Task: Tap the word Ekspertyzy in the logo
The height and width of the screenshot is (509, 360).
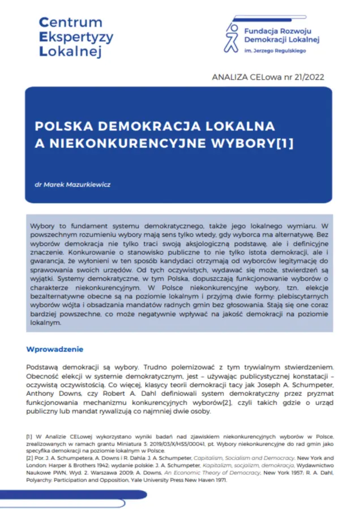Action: pyautogui.click(x=76, y=38)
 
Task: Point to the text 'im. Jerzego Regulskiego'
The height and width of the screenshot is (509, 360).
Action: pyautogui.click(x=274, y=51)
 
